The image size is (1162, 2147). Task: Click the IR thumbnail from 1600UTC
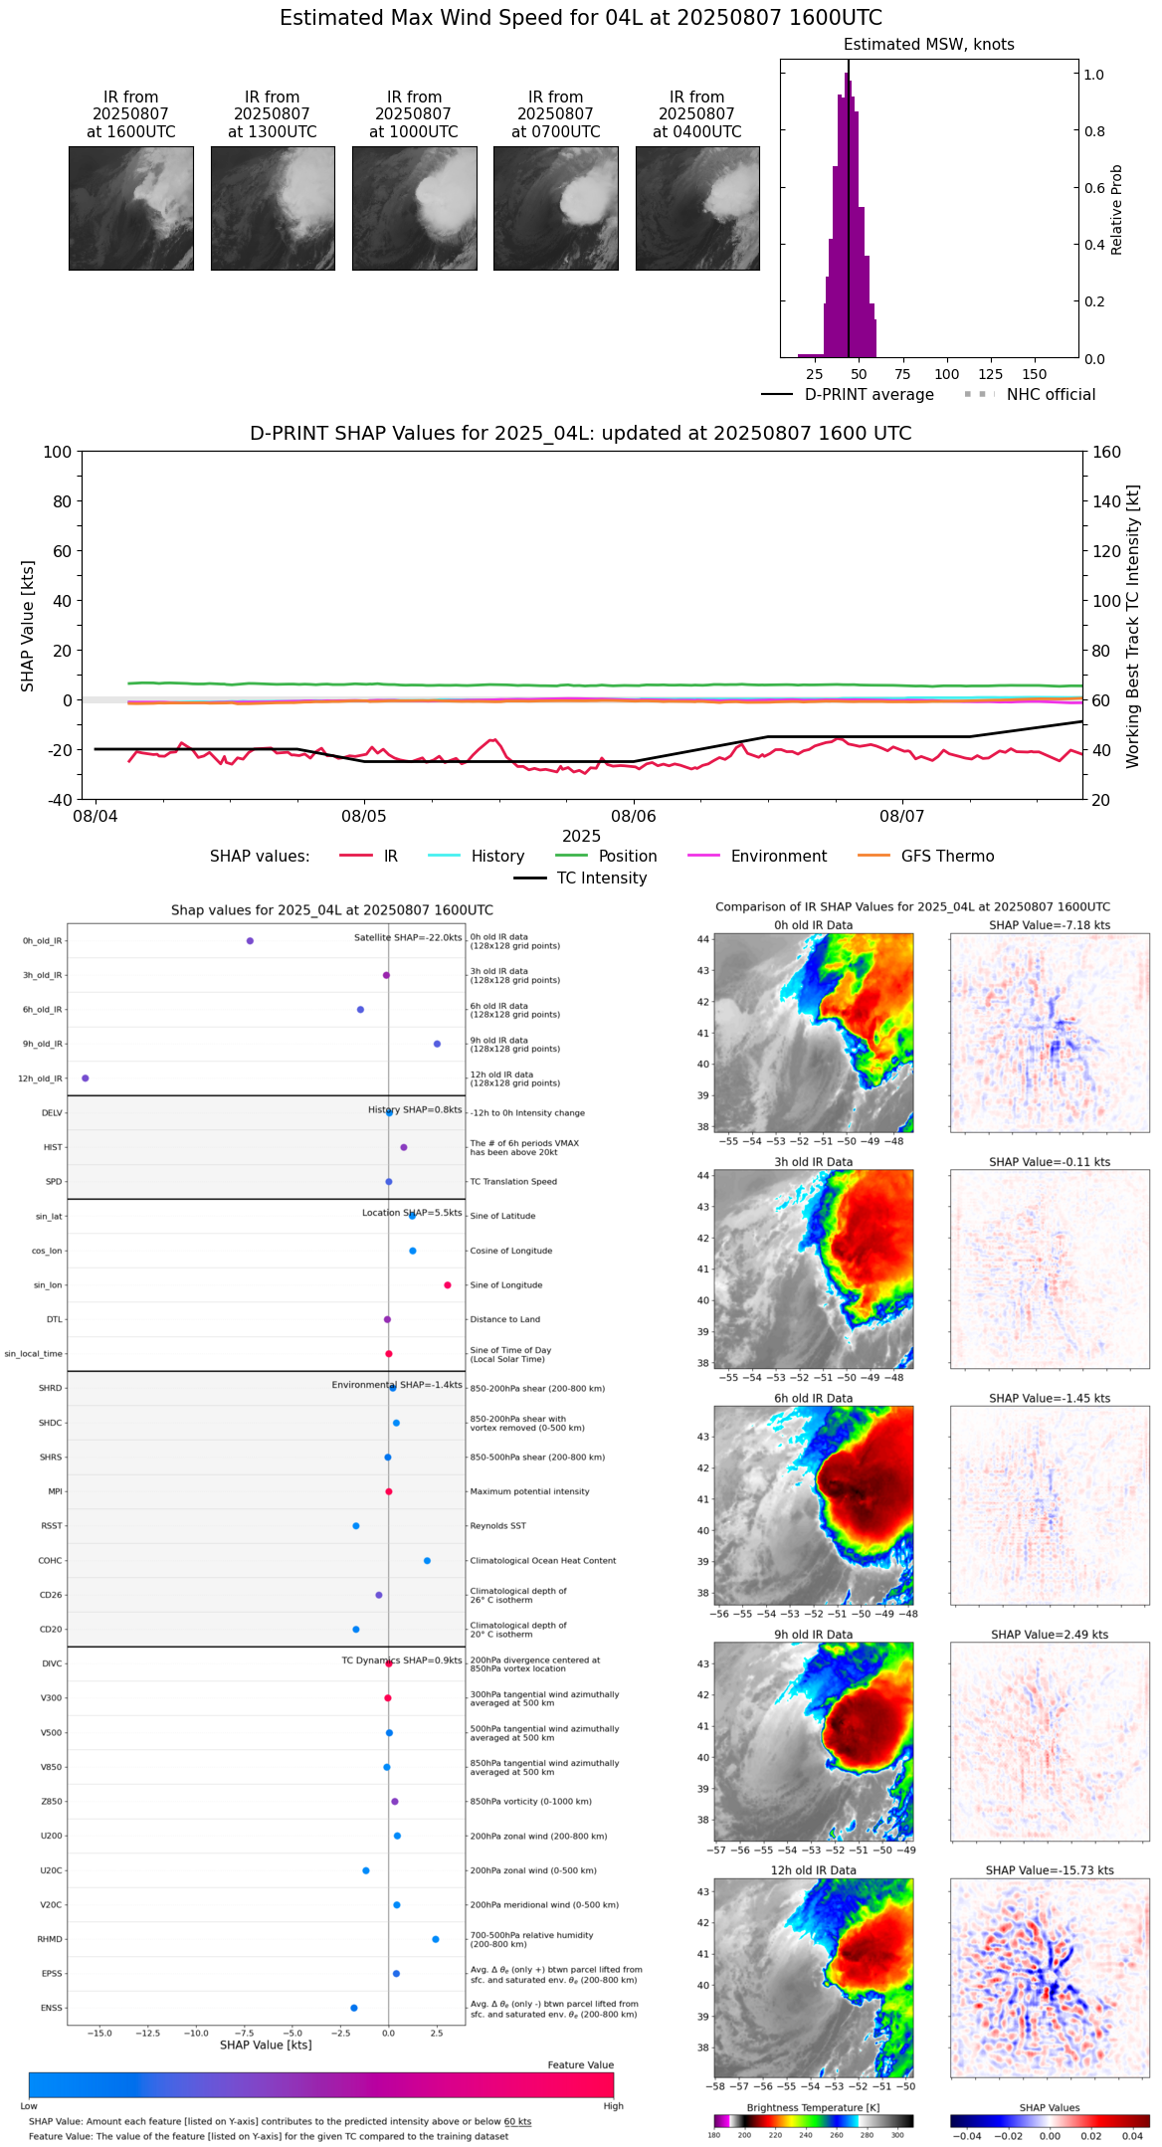(130, 208)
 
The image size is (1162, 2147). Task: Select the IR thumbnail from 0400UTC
(696, 208)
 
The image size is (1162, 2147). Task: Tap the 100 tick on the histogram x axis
(946, 374)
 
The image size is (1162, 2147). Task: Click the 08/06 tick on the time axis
(634, 816)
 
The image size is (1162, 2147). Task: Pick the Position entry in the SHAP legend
(627, 857)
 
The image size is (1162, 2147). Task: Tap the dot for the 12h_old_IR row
(85, 1078)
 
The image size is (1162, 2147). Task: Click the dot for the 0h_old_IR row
(250, 940)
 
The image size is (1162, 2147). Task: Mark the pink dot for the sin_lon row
(448, 1285)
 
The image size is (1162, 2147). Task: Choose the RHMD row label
(50, 1939)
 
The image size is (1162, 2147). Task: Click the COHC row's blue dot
(427, 1560)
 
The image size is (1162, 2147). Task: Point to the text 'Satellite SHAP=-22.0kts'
(408, 938)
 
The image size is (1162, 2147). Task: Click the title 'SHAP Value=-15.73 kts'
(1050, 1870)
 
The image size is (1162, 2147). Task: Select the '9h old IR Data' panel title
(813, 1635)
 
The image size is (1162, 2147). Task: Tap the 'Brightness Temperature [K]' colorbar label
(813, 2108)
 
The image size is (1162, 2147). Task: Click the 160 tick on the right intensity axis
(1106, 452)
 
